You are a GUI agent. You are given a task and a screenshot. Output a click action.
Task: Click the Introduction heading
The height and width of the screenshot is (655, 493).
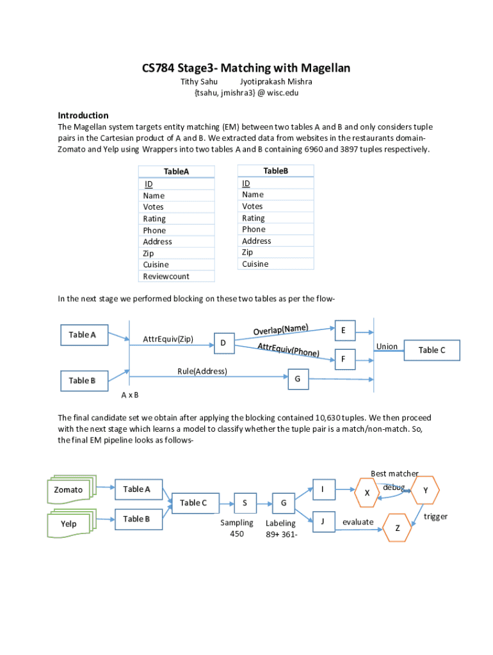(83, 115)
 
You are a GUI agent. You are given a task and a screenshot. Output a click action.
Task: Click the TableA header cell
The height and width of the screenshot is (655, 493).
(176, 171)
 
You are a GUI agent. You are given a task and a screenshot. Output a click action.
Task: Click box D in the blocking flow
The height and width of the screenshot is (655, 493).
(223, 343)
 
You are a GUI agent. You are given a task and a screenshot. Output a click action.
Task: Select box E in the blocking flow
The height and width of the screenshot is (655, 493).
(344, 330)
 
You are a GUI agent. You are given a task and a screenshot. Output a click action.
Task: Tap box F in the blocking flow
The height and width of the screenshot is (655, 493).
(344, 359)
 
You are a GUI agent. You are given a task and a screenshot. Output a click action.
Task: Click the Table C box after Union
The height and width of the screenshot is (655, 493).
(432, 350)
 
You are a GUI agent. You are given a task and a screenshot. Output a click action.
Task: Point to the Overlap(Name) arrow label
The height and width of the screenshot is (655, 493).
(281, 329)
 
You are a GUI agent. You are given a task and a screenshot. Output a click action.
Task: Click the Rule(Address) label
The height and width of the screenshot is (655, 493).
(202, 371)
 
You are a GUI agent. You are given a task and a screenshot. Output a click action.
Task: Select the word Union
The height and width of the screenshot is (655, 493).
(387, 346)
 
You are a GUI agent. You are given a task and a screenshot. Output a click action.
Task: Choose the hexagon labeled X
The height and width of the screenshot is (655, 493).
(367, 493)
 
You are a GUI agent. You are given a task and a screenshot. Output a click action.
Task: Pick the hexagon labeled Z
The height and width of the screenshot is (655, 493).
(397, 528)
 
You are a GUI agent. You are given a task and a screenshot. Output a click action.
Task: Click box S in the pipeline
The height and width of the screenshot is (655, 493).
(245, 503)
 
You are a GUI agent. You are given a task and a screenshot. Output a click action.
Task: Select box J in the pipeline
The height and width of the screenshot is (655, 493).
(323, 521)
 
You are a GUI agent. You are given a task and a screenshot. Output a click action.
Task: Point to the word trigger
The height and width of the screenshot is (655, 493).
(435, 516)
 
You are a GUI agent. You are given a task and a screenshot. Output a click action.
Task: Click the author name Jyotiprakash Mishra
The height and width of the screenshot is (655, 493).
(276, 82)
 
